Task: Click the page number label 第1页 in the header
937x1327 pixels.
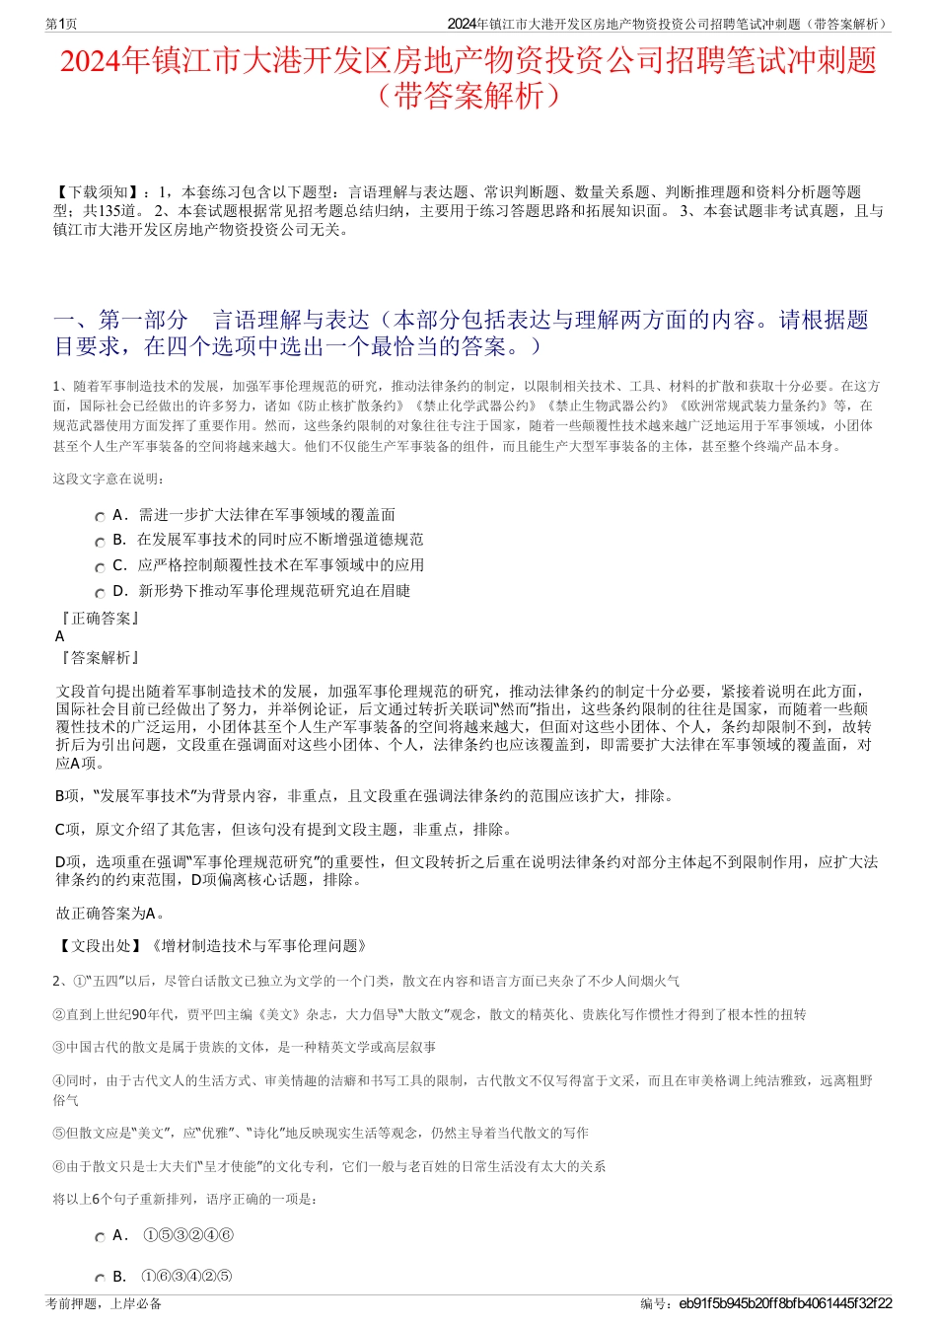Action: (61, 24)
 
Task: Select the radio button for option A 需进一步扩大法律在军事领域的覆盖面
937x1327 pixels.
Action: (100, 516)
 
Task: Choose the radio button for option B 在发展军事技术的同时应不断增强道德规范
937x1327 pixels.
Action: (100, 542)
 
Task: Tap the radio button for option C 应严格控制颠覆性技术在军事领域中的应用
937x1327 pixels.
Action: (100, 567)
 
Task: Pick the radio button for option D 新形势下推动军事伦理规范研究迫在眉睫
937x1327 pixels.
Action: (100, 593)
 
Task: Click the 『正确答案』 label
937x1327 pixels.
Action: (99, 618)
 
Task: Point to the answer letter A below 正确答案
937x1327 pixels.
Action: (60, 636)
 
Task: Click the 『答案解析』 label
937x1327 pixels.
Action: (99, 657)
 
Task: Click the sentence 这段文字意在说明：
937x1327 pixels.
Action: (109, 479)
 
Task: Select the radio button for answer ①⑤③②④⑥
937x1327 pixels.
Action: (100, 1237)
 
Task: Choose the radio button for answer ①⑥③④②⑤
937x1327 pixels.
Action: (100, 1278)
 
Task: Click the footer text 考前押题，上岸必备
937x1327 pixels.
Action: (104, 1303)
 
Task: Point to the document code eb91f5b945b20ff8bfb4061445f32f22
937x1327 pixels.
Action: (785, 1303)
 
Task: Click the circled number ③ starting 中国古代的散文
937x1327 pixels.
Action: (58, 1047)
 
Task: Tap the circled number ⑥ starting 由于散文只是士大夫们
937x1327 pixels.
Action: (58, 1166)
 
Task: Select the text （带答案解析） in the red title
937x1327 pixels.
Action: (468, 96)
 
